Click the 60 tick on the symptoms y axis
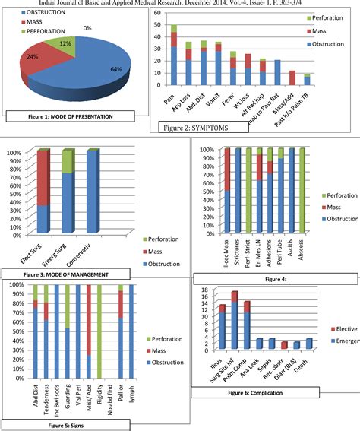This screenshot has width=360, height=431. (x=156, y=14)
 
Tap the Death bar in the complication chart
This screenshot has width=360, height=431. (x=309, y=344)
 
